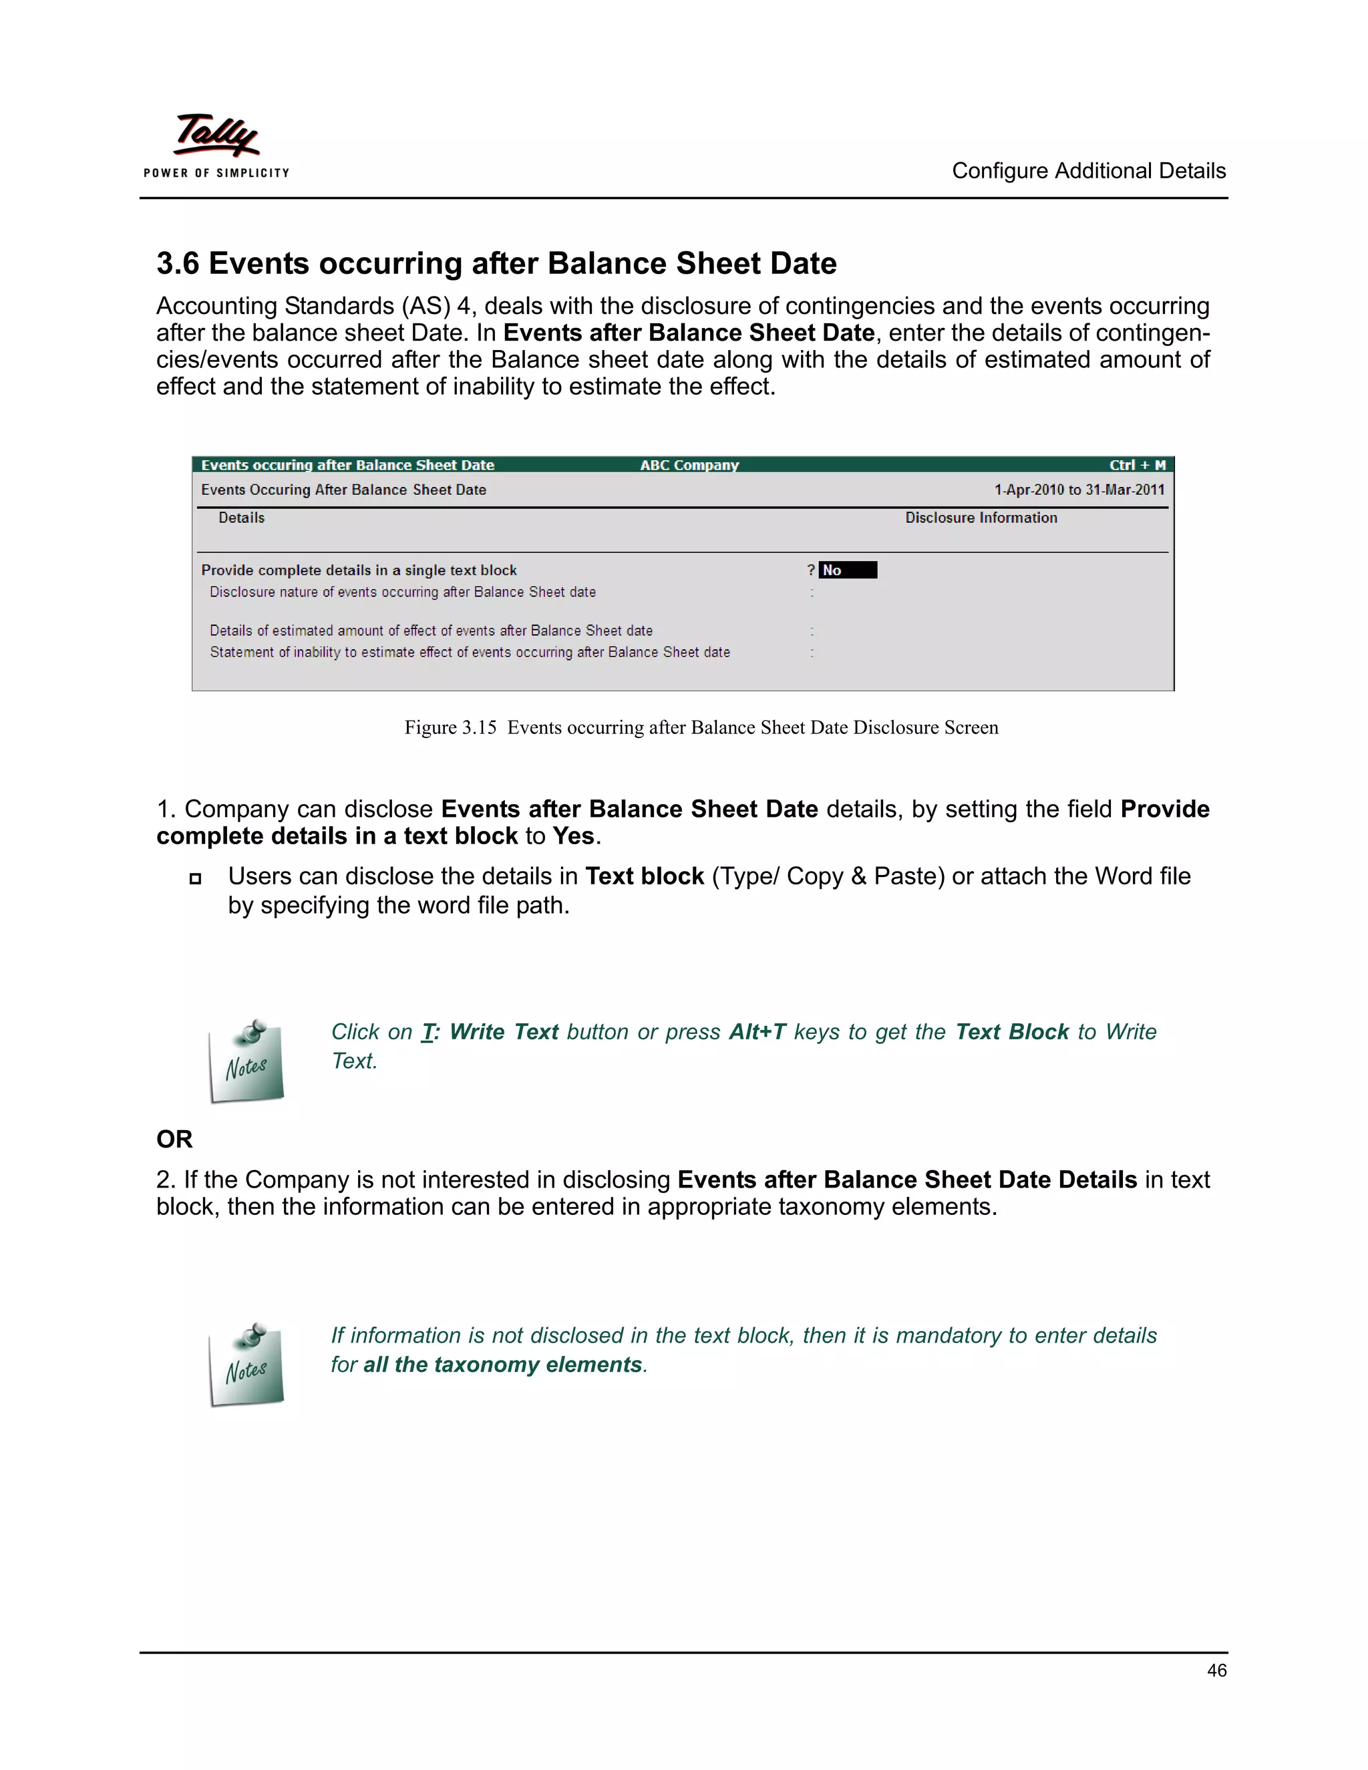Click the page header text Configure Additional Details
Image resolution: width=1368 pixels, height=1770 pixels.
pos(1087,171)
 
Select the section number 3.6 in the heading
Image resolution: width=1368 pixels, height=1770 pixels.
pos(178,263)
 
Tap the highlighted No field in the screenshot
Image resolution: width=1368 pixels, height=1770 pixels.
pos(847,570)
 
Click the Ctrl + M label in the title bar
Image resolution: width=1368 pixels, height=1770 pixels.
pos(1136,465)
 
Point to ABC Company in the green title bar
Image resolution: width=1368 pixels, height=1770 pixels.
pos(689,465)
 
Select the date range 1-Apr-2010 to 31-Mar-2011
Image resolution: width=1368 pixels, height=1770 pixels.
pos(1079,490)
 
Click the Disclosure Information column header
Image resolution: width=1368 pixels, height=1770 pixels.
pos(981,518)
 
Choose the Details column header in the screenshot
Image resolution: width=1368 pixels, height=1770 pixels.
pos(242,518)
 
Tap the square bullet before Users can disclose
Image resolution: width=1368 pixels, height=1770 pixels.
pos(195,878)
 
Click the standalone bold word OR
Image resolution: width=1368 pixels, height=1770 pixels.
pos(174,1139)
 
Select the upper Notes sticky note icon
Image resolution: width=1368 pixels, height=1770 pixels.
pos(246,1062)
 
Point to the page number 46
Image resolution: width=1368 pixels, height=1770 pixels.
pos(1216,1670)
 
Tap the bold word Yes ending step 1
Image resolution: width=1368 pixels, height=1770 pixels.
pos(574,836)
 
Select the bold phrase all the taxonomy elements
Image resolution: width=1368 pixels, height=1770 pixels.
pos(502,1365)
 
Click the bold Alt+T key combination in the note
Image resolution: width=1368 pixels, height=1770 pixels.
pos(757,1032)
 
